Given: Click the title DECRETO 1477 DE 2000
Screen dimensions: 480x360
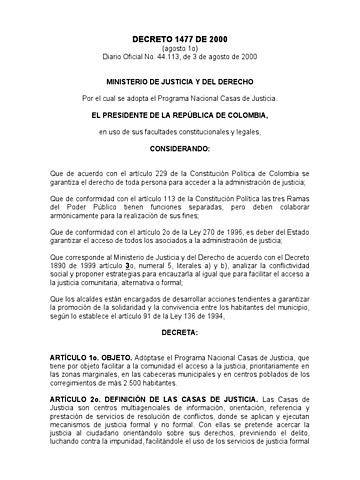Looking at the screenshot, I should coord(180,36).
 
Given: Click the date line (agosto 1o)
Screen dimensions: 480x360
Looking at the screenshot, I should coord(180,47).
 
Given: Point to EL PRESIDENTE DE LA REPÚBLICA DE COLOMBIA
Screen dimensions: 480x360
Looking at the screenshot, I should coord(180,117).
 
